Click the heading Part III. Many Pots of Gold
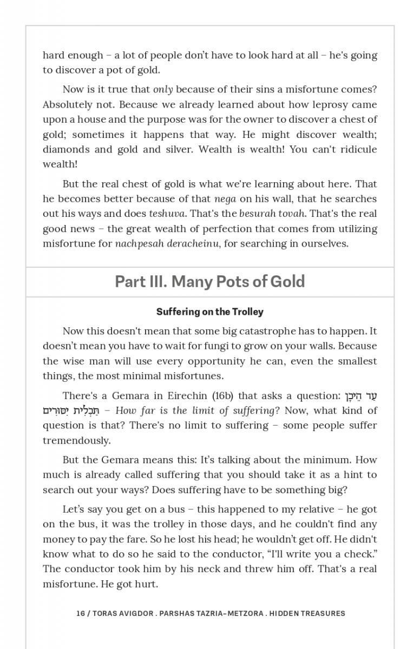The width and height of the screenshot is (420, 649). [209, 282]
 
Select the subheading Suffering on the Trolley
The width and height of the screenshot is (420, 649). [209, 312]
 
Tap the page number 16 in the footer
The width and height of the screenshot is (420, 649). [81, 613]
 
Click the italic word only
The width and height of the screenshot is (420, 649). [163, 89]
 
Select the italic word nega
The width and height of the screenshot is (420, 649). [225, 199]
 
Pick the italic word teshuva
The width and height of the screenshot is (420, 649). [167, 214]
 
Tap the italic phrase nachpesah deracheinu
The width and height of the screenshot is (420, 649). [167, 243]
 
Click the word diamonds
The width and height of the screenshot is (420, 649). [64, 149]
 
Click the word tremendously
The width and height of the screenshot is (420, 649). [76, 440]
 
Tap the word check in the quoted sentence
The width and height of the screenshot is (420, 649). [352, 554]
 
